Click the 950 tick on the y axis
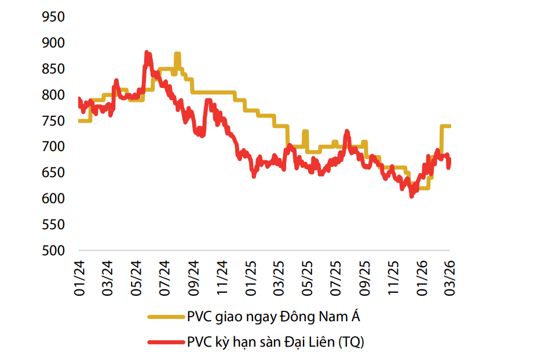pos(54,17)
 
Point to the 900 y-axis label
pos(54,43)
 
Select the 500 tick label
pos(54,251)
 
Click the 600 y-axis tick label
pos(54,199)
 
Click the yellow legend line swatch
pos(165,317)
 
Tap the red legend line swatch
pos(165,342)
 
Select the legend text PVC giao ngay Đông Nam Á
pos(277,317)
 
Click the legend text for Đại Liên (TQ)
pos(276,342)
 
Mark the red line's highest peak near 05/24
pos(147,53)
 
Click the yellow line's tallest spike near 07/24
pos(177,54)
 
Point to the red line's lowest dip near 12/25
pos(411,196)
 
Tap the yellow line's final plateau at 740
pos(446,126)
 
